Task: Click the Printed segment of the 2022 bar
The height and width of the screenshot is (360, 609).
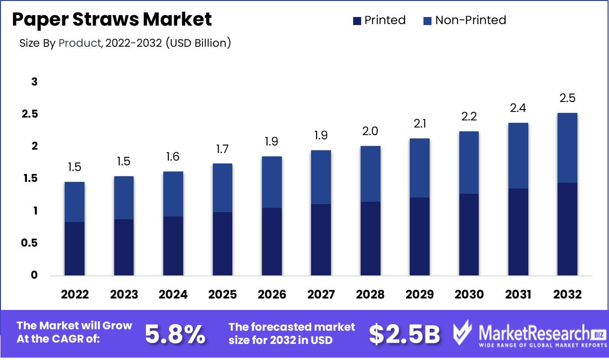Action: (75, 249)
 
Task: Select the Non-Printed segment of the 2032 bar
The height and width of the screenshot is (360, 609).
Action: (567, 148)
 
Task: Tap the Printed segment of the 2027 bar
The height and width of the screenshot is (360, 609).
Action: (321, 240)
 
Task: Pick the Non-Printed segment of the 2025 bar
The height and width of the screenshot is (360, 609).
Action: (222, 188)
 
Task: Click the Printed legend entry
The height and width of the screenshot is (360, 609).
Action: (379, 20)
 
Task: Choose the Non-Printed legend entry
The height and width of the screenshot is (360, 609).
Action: (465, 20)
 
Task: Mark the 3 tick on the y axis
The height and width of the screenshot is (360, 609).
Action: (34, 82)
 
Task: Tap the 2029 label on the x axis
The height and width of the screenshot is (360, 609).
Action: (420, 294)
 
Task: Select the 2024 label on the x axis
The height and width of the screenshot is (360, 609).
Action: (173, 294)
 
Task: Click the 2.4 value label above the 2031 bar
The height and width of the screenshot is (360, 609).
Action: (518, 108)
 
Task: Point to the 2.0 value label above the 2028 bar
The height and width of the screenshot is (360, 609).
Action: (370, 131)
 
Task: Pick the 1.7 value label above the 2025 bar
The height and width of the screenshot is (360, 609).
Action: (222, 149)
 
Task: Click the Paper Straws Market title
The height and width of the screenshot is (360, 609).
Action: (112, 20)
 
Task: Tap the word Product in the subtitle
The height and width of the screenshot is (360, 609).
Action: (80, 43)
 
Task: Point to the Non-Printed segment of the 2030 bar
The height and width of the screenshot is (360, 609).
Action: (469, 163)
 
